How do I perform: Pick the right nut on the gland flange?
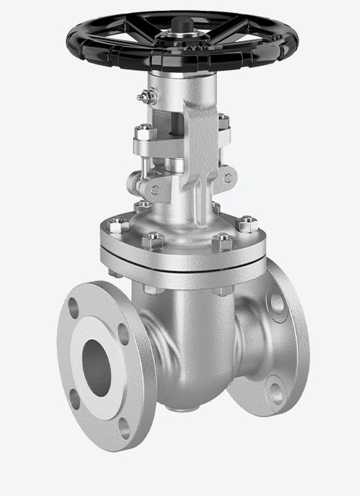pyautogui.click(x=223, y=123)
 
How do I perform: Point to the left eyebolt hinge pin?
pyautogui.click(x=155, y=189)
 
